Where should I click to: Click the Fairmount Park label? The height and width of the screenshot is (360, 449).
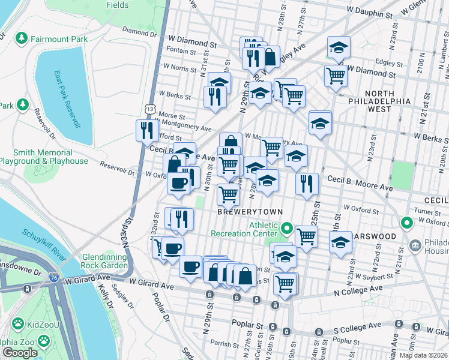pos(61,39)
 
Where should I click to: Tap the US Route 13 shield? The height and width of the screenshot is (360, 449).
pos(149,108)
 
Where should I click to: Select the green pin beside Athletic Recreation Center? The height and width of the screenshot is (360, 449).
pos(287,229)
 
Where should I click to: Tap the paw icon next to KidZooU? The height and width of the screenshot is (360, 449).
pos(18,325)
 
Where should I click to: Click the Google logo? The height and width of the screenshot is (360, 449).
pos(20,353)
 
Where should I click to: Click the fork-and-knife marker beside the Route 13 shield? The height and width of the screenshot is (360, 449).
pos(147,130)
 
